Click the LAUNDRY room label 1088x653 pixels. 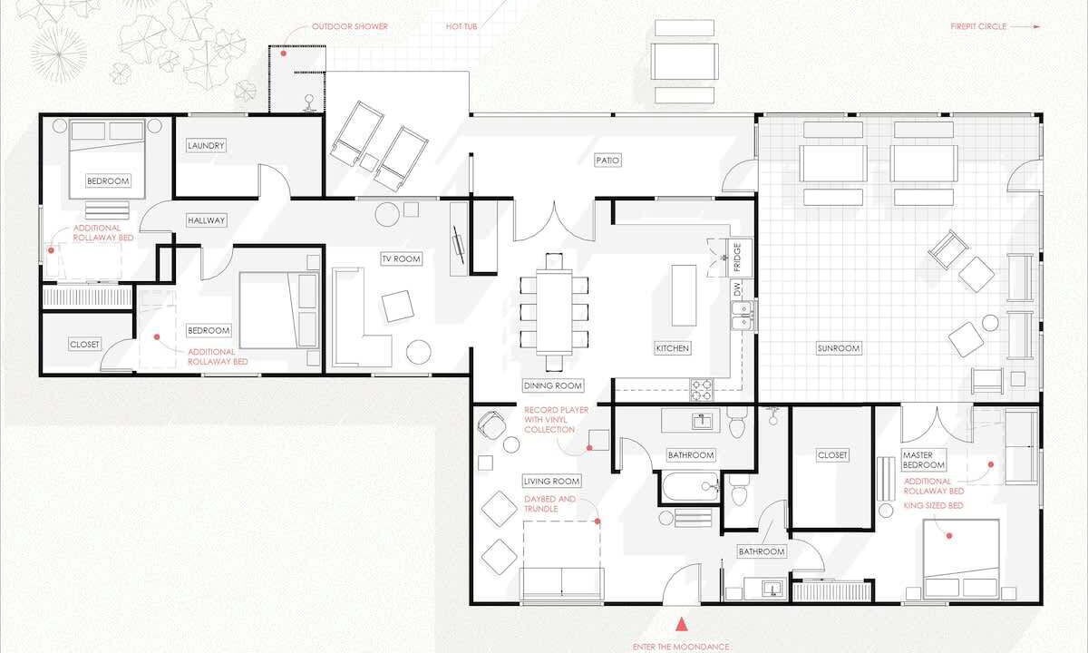click(206, 145)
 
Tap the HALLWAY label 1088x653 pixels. click(206, 220)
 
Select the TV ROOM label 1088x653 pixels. click(401, 259)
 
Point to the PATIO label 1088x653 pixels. click(607, 160)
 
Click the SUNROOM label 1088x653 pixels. click(839, 348)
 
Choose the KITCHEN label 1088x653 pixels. click(672, 348)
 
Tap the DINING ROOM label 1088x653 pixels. click(553, 385)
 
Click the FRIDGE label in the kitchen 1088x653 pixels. click(737, 258)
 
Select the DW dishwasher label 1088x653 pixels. click(738, 289)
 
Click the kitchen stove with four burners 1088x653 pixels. click(702, 390)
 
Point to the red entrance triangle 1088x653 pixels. click(682, 624)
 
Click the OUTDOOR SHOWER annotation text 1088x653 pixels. click(350, 26)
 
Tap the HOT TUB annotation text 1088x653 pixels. click(461, 26)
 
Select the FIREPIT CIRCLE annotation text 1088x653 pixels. click(978, 26)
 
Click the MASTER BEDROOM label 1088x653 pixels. click(923, 460)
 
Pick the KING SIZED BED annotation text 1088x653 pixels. click(933, 506)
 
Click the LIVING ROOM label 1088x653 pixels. click(551, 481)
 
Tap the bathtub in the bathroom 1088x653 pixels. click(690, 487)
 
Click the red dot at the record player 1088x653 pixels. click(589, 448)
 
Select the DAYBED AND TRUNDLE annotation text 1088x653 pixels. click(549, 504)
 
